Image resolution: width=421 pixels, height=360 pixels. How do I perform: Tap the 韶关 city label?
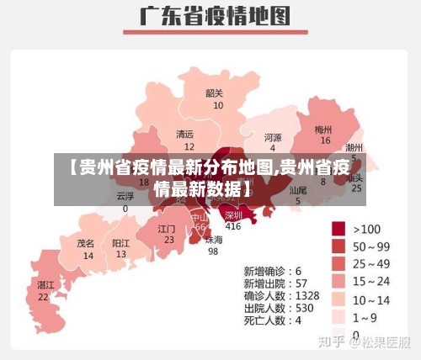215,93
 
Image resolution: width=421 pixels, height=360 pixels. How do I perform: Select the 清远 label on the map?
184,134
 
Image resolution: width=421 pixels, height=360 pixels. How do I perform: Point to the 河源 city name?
273,136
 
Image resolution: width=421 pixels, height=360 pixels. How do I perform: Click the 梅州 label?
323,130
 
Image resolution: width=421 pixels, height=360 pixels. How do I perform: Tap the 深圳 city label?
233,214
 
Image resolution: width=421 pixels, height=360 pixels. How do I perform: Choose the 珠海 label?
214,239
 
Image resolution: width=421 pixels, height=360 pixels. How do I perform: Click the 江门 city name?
167,228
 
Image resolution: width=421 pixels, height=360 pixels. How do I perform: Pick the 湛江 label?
45,285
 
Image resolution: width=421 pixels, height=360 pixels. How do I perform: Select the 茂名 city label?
86,242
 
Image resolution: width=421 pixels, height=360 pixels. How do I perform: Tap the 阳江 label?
121,242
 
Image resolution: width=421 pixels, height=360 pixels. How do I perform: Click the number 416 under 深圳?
233,226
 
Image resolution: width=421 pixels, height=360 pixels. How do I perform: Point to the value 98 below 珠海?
214,251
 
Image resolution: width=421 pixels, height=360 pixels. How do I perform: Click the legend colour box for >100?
339,228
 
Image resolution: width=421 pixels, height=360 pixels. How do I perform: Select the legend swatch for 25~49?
339,263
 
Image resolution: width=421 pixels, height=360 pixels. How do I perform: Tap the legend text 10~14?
371,299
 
